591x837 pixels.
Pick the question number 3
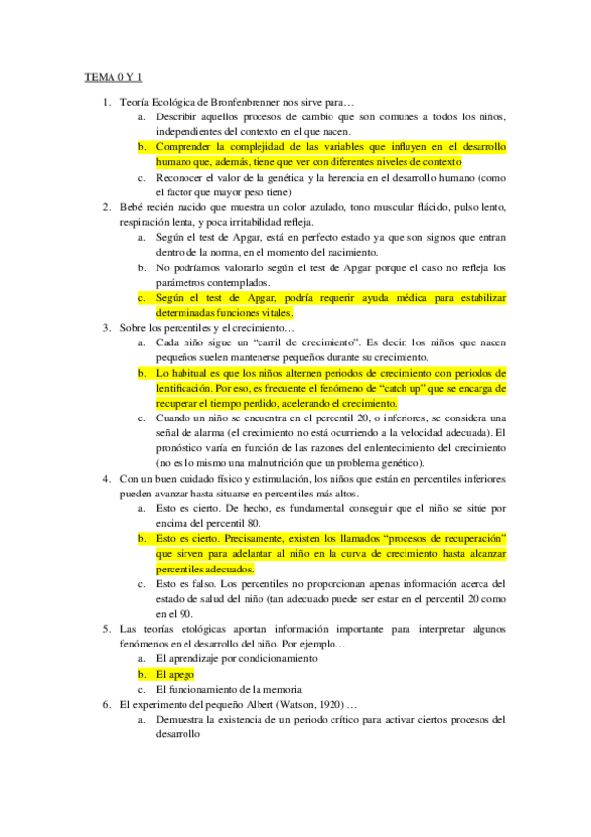(x=106, y=327)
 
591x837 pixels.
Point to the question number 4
(x=106, y=478)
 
